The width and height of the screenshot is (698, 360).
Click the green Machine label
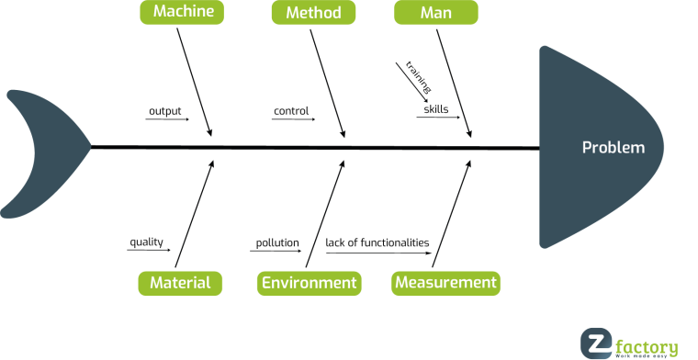pos(184,12)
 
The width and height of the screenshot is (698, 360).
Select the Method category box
pos(313,13)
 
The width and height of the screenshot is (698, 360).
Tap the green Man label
pos(435,13)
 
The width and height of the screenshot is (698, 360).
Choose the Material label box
pos(180,283)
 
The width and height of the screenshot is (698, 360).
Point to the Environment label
pos(309,283)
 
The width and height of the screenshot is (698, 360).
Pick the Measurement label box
pos(445,283)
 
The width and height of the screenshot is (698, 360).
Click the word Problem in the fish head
pos(614,148)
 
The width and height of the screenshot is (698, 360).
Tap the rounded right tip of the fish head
pos(659,147)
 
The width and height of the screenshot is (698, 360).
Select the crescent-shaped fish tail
pos(37,152)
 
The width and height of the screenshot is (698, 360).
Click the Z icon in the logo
pos(595,344)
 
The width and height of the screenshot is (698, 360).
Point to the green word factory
pos(647,346)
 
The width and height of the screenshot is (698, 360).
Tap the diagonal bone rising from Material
pos(199,211)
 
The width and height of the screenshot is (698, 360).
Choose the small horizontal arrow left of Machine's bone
pos(167,119)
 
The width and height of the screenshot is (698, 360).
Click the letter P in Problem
pos(587,148)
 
